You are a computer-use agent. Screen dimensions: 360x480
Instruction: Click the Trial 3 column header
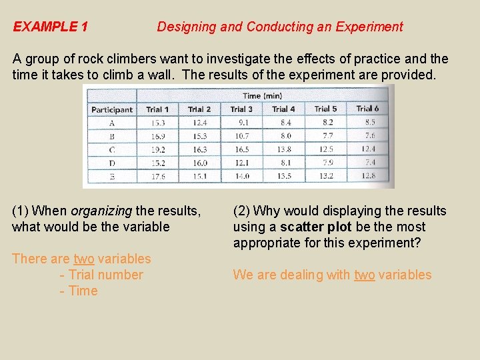241,109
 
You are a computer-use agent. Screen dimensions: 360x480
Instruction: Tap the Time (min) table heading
262,95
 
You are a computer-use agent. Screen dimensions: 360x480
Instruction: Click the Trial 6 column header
367,109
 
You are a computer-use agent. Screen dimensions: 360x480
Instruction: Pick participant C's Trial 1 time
157,150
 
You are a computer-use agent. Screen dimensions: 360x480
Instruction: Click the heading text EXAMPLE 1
51,27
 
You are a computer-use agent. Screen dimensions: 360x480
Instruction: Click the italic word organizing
101,211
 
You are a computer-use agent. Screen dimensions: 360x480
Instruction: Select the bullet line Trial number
101,275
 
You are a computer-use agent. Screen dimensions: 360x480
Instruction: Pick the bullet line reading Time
79,291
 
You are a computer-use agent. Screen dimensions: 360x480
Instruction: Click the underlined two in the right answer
364,275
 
